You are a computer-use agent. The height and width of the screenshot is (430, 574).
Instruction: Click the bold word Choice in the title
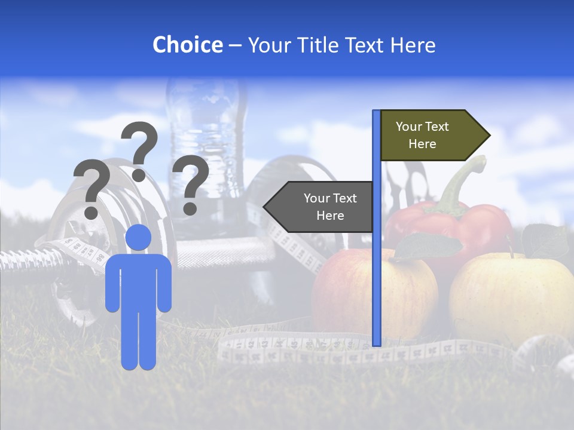point(187,45)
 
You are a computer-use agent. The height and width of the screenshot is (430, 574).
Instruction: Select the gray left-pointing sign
point(320,207)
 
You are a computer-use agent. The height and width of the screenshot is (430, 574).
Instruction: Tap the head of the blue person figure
point(138,237)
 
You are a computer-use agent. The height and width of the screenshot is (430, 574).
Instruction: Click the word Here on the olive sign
point(422,144)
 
